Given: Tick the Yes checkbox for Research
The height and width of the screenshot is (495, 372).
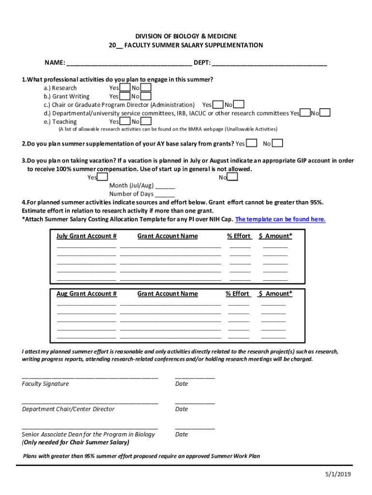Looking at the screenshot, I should pos(125,87).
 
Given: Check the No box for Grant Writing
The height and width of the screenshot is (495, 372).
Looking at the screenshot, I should pos(146,96).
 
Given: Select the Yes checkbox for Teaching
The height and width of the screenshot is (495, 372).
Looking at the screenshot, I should pos(125,121).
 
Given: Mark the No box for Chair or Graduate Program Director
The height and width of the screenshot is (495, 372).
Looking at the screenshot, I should pos(239,104).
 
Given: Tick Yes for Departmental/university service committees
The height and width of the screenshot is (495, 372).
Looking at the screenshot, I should pos(305,113).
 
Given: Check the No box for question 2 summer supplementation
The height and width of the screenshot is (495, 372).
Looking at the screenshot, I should pos(278,143).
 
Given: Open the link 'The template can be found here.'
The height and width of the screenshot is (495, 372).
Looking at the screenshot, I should pos(280,219).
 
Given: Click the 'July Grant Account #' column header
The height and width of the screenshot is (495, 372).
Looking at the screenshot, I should pos(86,236).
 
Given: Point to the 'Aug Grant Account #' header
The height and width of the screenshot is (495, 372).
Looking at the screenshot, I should pos(86,293).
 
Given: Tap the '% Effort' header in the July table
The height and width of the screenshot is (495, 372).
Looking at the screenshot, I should pos(239,236).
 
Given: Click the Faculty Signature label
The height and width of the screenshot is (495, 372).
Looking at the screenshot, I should pos(45,384).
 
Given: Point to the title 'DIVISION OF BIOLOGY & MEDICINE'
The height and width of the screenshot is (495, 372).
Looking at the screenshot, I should pos(186,36).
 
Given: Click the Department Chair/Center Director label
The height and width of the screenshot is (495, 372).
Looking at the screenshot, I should pos(68,409).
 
